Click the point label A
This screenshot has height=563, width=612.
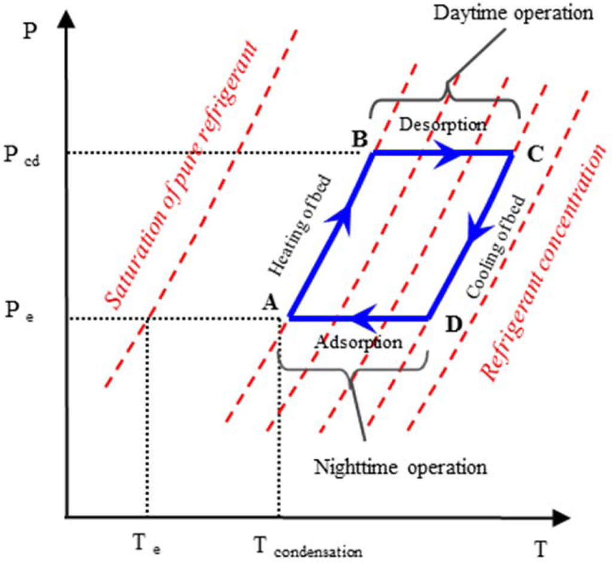point(269,304)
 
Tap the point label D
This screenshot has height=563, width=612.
point(454,324)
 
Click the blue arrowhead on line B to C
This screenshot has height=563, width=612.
point(454,153)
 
